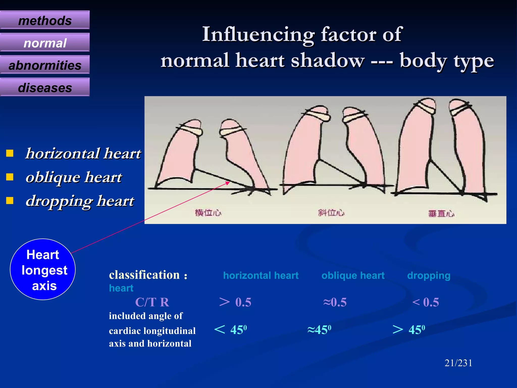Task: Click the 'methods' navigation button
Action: click(x=45, y=20)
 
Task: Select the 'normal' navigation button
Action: click(x=45, y=43)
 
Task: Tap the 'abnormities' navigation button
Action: click(x=45, y=65)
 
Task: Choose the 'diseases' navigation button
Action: click(x=45, y=87)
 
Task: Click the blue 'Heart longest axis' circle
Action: click(x=43, y=269)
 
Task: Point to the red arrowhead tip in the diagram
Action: click(x=229, y=182)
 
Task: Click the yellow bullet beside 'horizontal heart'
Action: click(x=10, y=153)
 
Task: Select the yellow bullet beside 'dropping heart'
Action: click(x=10, y=201)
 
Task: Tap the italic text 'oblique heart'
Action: click(x=74, y=177)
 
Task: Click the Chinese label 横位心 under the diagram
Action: click(x=208, y=213)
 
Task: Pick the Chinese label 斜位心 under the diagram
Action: click(x=331, y=213)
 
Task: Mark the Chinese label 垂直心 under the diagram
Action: click(x=441, y=214)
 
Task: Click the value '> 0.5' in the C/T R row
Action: click(x=235, y=302)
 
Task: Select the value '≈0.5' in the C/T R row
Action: click(x=335, y=302)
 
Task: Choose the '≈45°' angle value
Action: click(x=319, y=330)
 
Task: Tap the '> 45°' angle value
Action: click(x=409, y=330)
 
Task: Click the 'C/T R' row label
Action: click(x=152, y=302)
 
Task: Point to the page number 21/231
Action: click(x=458, y=363)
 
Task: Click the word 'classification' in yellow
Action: click(x=144, y=275)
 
